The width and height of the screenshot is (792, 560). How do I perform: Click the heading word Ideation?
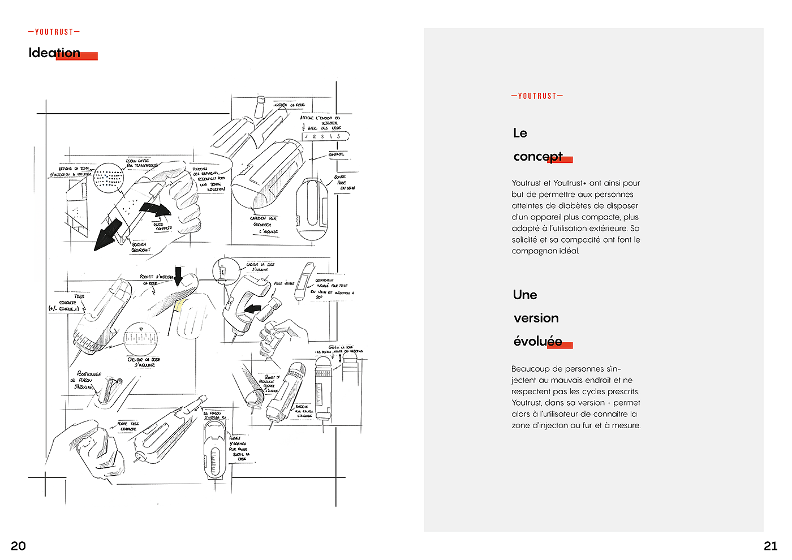54,53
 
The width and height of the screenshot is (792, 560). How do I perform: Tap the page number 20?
18,546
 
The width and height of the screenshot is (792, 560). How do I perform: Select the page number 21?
771,546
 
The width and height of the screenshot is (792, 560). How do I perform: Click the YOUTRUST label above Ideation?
54,32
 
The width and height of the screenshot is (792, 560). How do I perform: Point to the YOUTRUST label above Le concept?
537,96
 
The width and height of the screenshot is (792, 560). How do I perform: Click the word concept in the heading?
538,157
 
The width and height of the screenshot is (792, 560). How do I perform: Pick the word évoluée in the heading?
537,341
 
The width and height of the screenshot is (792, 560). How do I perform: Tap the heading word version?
536,318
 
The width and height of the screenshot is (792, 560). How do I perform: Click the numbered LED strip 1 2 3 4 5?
325,136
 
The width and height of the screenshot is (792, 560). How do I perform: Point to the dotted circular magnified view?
108,178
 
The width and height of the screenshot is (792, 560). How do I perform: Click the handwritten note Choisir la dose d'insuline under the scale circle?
144,362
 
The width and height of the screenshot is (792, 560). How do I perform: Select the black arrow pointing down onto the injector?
178,275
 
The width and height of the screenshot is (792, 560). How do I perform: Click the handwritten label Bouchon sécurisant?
141,247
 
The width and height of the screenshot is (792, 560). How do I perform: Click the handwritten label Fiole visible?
284,283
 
